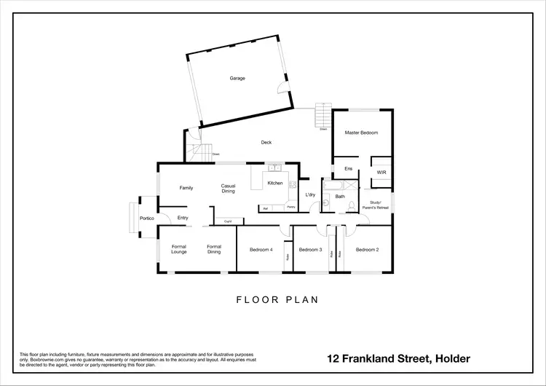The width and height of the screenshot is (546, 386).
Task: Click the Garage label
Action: pos(237,77)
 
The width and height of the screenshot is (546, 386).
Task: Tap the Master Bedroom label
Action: pos(361,133)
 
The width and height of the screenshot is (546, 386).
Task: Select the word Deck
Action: pos(266,143)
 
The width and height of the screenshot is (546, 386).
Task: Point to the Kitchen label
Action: pos(274,183)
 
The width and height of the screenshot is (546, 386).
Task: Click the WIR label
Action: pos(381,172)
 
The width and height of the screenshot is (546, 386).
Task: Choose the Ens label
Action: pos(348,169)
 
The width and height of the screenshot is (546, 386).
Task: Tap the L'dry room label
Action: pos(310,195)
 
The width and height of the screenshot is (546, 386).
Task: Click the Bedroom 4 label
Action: pos(261,250)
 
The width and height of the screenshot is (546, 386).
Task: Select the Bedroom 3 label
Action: pos(311,250)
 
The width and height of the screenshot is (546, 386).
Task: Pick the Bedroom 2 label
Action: pos(367,250)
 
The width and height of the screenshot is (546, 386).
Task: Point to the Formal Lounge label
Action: pos(179,249)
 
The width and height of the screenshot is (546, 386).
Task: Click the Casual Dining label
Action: pos(229,188)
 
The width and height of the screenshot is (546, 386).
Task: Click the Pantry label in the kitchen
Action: pos(290,208)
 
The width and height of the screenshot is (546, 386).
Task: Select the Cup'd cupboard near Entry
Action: pos(228,221)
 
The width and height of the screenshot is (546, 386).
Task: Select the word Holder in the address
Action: pos(452,358)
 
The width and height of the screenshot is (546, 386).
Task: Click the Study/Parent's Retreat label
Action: pos(379,205)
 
